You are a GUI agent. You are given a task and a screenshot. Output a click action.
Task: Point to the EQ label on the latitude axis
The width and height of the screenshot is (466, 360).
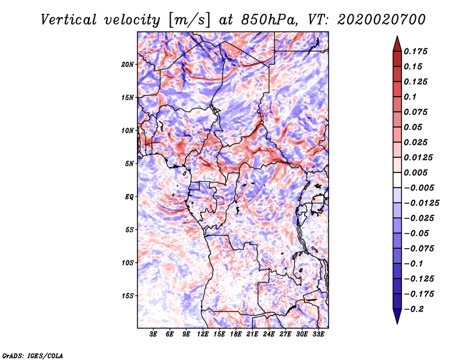(x=129, y=197)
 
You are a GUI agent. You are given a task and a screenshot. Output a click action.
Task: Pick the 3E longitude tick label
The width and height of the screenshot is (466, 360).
(x=154, y=334)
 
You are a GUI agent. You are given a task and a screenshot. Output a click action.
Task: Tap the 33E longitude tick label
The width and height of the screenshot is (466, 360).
(x=318, y=334)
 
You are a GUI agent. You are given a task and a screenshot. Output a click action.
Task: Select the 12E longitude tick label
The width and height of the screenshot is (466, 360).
(x=203, y=334)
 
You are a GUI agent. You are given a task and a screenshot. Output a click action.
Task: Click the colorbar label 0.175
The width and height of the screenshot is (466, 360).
(x=416, y=51)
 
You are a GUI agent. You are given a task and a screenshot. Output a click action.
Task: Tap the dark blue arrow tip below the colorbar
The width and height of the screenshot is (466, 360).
(x=397, y=318)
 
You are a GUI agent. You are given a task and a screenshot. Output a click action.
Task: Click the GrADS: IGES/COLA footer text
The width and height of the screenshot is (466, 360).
(x=33, y=355)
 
